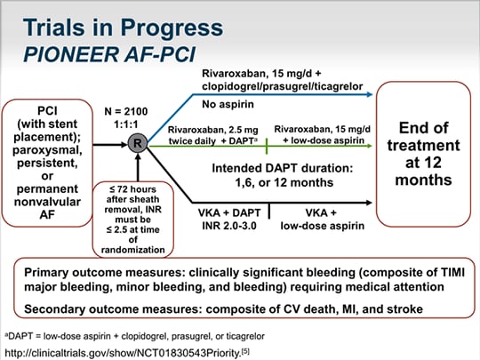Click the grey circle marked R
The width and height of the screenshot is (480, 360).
tap(138, 143)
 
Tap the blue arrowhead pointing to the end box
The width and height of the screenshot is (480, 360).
tap(370, 94)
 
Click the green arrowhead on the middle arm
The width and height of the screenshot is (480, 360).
tap(370, 146)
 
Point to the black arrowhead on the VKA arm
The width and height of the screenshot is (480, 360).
tap(369, 203)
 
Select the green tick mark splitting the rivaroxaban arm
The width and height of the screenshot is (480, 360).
tap(267, 146)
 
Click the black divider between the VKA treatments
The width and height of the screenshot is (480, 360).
tap(269, 211)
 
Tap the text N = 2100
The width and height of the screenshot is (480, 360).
tap(126, 111)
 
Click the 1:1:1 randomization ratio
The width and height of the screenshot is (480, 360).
tap(126, 124)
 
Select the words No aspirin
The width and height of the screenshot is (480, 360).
tap(228, 104)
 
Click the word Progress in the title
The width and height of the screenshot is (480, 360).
tap(172, 28)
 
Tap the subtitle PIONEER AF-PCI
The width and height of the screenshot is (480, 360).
tap(109, 54)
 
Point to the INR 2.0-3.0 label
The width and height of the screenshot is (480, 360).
tap(229, 226)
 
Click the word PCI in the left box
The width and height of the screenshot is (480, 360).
tap(47, 111)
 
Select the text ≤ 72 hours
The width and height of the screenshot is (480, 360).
tap(132, 189)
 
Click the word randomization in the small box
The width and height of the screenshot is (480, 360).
tap(132, 250)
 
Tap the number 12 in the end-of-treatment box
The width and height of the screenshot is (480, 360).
tap(432, 163)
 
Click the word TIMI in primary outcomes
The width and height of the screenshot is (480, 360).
tap(452, 272)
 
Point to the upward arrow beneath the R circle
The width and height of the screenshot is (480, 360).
tap(138, 167)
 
